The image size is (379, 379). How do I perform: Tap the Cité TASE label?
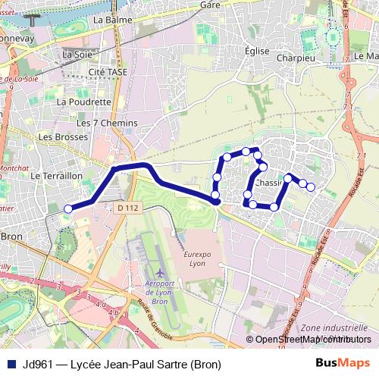coord(107,72)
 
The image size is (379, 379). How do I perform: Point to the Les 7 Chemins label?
coord(107,123)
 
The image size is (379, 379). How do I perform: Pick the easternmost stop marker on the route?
coord(310,186)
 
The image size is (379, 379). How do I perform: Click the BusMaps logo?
coord(342,363)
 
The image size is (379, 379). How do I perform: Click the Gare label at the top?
coord(209,4)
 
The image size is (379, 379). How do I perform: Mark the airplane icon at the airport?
coord(160,271)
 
